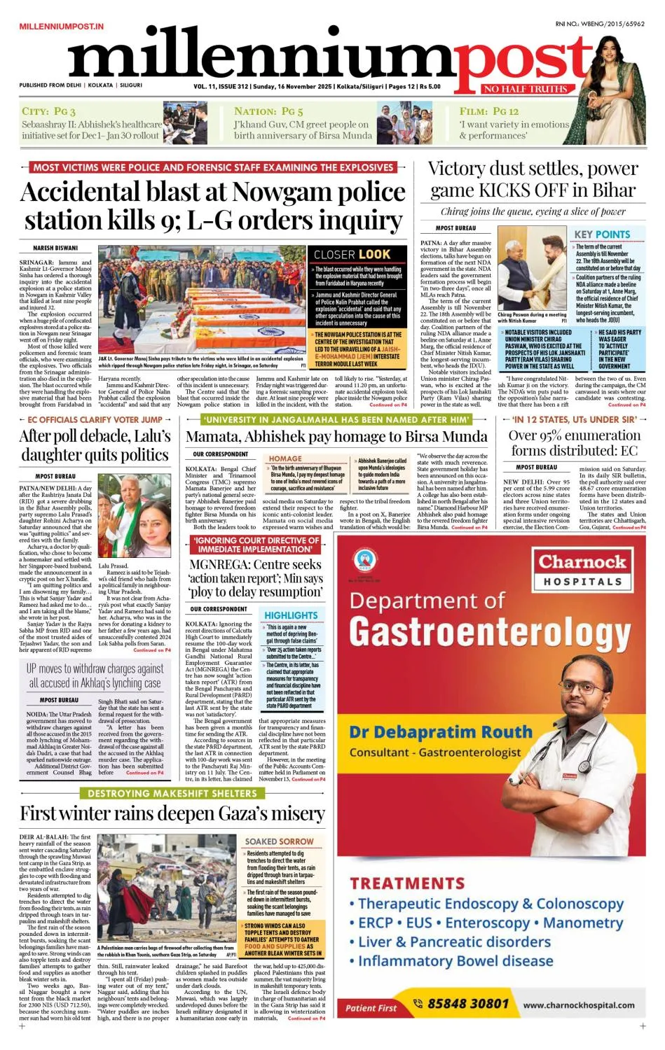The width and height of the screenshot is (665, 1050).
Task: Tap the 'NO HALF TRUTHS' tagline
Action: point(525,89)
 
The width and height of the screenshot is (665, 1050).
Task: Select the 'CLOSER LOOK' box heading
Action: point(352,254)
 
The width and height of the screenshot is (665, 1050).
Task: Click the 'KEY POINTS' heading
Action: point(602,234)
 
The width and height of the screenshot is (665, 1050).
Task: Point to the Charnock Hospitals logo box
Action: point(581,569)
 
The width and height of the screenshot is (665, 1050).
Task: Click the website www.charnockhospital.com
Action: point(579,1004)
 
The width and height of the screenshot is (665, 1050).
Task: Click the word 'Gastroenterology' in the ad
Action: point(490,631)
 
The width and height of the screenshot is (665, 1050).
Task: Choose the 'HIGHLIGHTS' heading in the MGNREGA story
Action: point(291,615)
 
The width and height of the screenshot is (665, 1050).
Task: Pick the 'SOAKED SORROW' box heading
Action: point(279,841)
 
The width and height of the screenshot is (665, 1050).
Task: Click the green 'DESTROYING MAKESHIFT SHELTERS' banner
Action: point(172,793)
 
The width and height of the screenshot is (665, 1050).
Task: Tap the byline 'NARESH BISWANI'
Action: point(55,248)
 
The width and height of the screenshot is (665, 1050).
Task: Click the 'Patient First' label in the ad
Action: point(371,1008)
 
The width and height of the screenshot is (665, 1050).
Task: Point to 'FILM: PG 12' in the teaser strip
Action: point(489,111)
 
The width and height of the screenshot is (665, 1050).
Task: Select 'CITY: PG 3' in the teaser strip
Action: point(48,111)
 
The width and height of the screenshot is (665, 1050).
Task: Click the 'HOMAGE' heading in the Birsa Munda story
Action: point(285,458)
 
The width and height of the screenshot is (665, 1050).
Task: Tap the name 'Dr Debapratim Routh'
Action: point(441,731)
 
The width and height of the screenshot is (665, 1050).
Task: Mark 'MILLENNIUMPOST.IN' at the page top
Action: point(62,27)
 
